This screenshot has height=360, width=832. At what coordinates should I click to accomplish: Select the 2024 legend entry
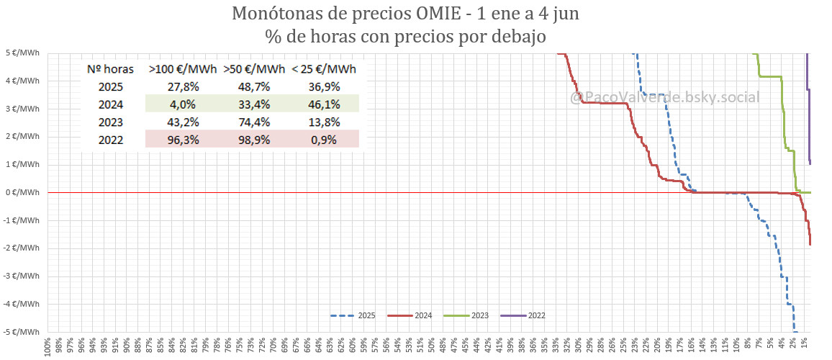410,315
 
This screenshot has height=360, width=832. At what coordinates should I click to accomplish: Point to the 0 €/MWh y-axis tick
23,192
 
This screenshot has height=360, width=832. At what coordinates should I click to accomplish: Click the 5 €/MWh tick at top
23,53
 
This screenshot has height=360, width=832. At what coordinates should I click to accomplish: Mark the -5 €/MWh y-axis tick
22,332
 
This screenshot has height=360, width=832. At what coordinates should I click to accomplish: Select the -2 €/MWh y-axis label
22,248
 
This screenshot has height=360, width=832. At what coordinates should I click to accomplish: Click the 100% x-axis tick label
48,346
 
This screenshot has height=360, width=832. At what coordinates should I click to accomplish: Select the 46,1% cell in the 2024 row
323,104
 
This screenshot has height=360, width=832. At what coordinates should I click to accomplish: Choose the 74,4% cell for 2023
253,122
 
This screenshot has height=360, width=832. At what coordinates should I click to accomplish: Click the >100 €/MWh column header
183,69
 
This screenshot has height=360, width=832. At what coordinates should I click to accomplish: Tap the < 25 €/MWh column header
323,69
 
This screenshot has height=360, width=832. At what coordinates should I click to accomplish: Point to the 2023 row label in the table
111,122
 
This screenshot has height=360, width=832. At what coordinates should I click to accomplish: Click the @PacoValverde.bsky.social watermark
664,96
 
